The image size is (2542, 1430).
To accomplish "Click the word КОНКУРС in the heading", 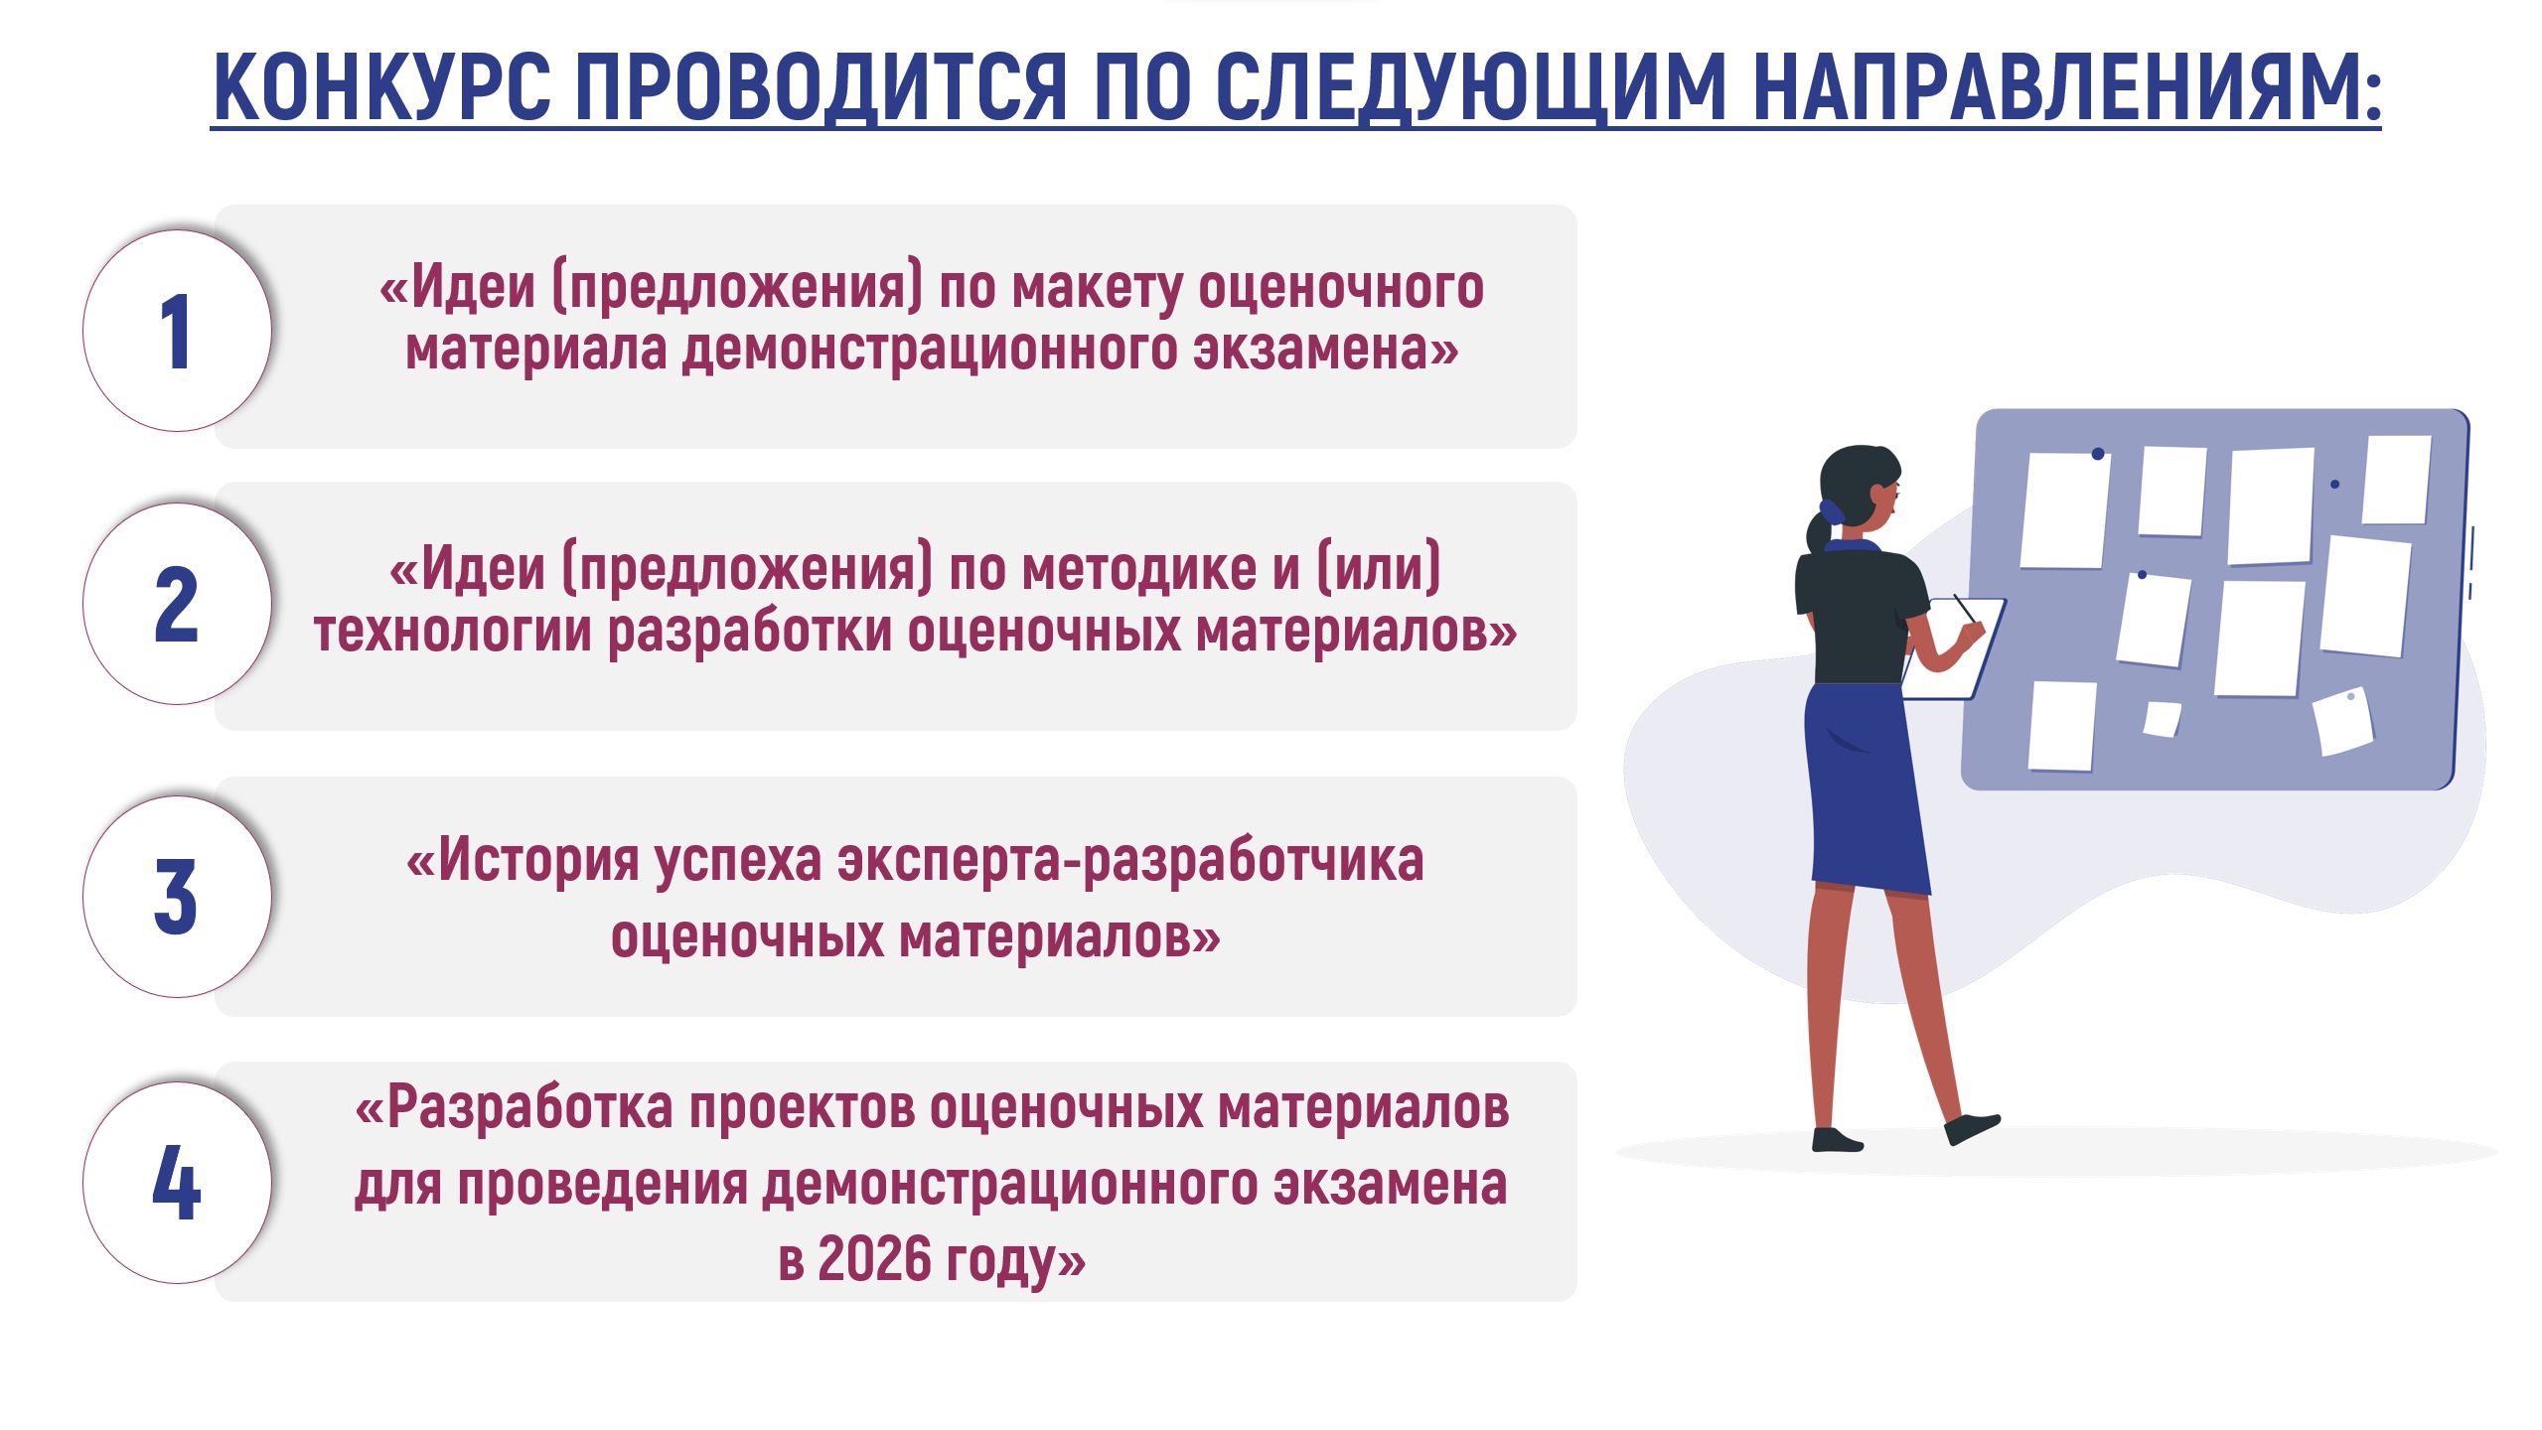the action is pos(382,86).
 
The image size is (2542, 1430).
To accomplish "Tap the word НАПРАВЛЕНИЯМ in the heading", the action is pos(2066,86).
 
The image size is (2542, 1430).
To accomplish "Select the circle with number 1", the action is pos(177,331).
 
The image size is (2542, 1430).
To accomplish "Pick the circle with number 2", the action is pos(177,604).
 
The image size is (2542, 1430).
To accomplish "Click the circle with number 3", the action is pos(177,897).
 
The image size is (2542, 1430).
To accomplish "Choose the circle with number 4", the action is pos(177,1182).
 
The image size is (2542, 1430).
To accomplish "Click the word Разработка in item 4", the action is pos(529,1108).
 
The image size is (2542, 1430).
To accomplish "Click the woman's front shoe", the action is pos(1972,1128).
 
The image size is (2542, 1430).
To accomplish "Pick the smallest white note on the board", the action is pos(2162,718).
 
